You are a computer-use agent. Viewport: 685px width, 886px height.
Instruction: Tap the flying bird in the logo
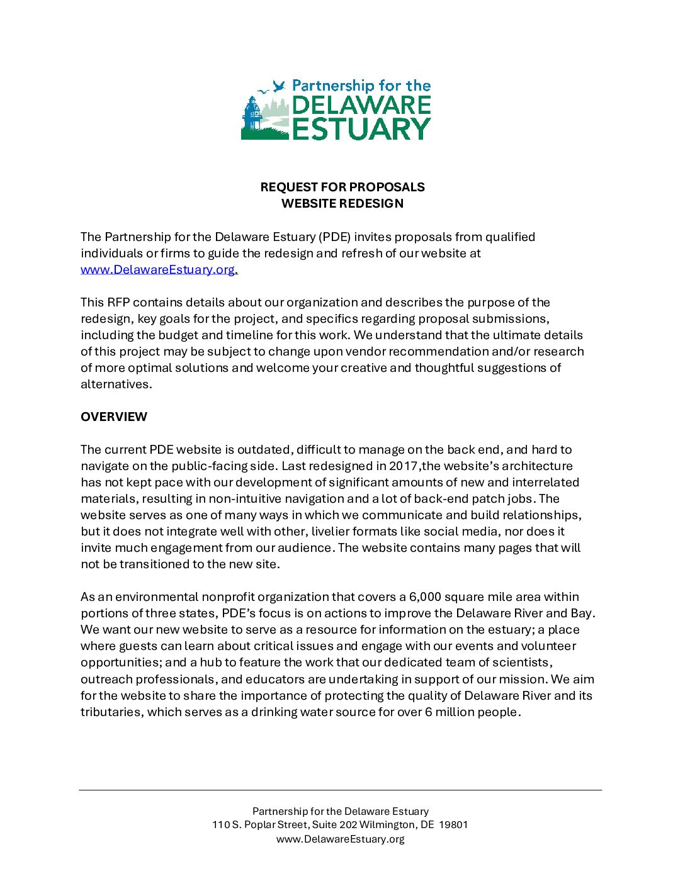coord(278,87)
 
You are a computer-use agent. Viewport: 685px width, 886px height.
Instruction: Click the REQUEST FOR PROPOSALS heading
coord(342,187)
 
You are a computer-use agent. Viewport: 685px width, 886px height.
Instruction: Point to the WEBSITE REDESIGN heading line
coord(342,203)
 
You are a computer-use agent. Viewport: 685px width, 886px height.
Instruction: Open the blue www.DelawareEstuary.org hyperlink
coord(157,270)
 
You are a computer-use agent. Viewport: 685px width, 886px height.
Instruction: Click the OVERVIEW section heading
coord(114,417)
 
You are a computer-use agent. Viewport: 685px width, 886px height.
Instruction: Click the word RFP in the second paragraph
coord(118,303)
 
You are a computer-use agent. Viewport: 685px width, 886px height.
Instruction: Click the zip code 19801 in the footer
coord(453,825)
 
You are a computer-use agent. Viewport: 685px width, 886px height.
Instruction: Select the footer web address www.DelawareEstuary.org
coord(341,839)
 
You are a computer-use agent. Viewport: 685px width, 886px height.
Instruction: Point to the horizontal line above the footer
coord(340,790)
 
